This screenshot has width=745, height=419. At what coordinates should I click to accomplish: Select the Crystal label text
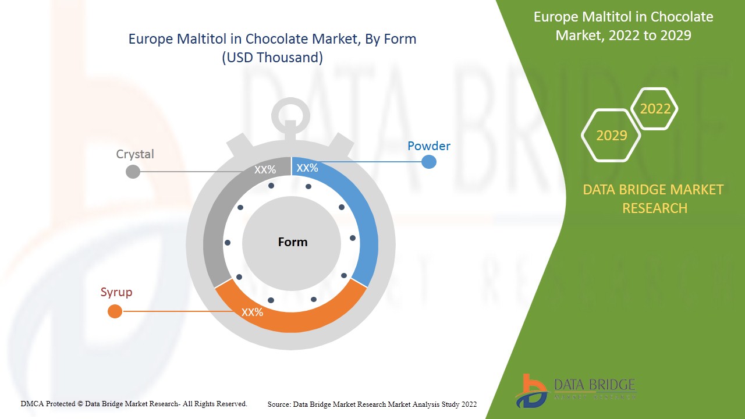pyautogui.click(x=135, y=154)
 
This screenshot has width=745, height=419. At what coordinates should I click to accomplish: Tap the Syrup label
pyautogui.click(x=116, y=292)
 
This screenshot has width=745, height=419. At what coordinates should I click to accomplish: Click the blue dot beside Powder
pyautogui.click(x=428, y=162)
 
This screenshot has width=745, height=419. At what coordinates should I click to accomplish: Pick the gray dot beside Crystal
pyautogui.click(x=133, y=171)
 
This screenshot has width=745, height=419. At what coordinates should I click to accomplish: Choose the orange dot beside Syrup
pyautogui.click(x=115, y=311)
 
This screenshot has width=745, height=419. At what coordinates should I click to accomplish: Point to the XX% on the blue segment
pyautogui.click(x=307, y=168)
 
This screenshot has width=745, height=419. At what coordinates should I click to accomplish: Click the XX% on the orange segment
pyautogui.click(x=253, y=313)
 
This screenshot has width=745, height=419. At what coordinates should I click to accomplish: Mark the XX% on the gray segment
pyautogui.click(x=265, y=170)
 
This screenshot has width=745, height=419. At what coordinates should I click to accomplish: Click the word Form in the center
pyautogui.click(x=293, y=242)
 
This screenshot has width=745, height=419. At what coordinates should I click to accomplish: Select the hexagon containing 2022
pyautogui.click(x=655, y=109)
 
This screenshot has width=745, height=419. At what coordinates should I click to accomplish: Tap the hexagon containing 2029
pyautogui.click(x=611, y=136)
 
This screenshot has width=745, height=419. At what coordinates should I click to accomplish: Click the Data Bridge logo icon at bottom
pyautogui.click(x=531, y=390)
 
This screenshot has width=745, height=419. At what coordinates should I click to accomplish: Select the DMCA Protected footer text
pyautogui.click(x=134, y=404)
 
